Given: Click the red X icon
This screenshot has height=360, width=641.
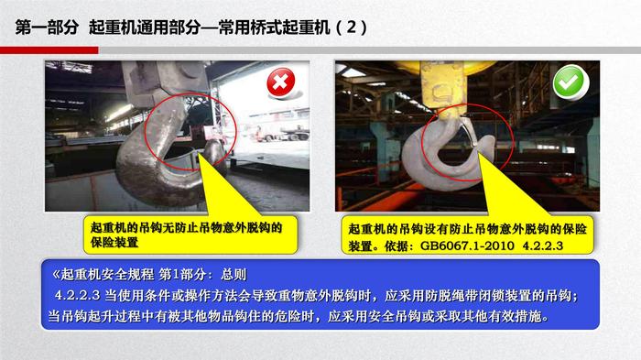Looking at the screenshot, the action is point(281,82).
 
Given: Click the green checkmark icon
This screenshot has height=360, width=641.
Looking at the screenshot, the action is point(570,82).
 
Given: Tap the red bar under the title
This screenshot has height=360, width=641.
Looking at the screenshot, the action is point(49,50).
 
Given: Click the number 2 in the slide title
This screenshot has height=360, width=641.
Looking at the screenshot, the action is point(351,27).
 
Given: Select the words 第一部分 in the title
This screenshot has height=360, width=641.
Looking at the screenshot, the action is point(47,27).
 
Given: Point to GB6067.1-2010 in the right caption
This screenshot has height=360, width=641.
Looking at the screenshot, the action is point(467,245).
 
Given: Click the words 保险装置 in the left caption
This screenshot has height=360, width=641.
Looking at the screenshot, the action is point(114,242).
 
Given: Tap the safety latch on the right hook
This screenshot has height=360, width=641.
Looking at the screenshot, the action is point(468,132).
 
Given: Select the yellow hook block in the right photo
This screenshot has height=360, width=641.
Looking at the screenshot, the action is point(443,89).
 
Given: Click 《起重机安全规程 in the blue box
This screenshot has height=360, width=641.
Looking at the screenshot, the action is point(103,274).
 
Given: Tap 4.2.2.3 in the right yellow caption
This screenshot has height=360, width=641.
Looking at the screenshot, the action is point(542,245).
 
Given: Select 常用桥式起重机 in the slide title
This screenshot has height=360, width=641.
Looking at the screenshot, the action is point(275,27).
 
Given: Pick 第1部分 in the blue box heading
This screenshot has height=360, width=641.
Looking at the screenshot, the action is point(181,274).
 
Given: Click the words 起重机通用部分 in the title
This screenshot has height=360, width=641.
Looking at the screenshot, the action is point(145,27).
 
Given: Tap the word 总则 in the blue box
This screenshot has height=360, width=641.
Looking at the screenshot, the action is point(234,274).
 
